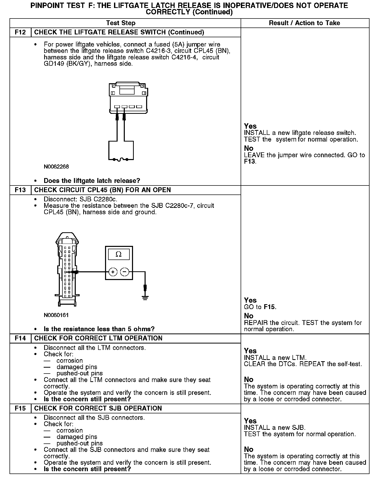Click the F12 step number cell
20,32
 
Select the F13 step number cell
20,190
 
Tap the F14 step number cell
20,338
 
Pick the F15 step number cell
20,408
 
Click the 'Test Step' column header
121,23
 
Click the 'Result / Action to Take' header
304,23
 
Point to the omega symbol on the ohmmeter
119,254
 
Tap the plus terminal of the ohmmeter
113,272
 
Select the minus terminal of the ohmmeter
125,272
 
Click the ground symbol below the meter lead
145,298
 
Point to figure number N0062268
56,167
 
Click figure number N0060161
56,315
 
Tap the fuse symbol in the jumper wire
121,160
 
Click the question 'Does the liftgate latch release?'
92,181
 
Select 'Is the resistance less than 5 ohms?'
99,329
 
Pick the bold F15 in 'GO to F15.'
270,307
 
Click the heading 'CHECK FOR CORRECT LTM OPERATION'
98,338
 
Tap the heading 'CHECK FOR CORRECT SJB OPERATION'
98,408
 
